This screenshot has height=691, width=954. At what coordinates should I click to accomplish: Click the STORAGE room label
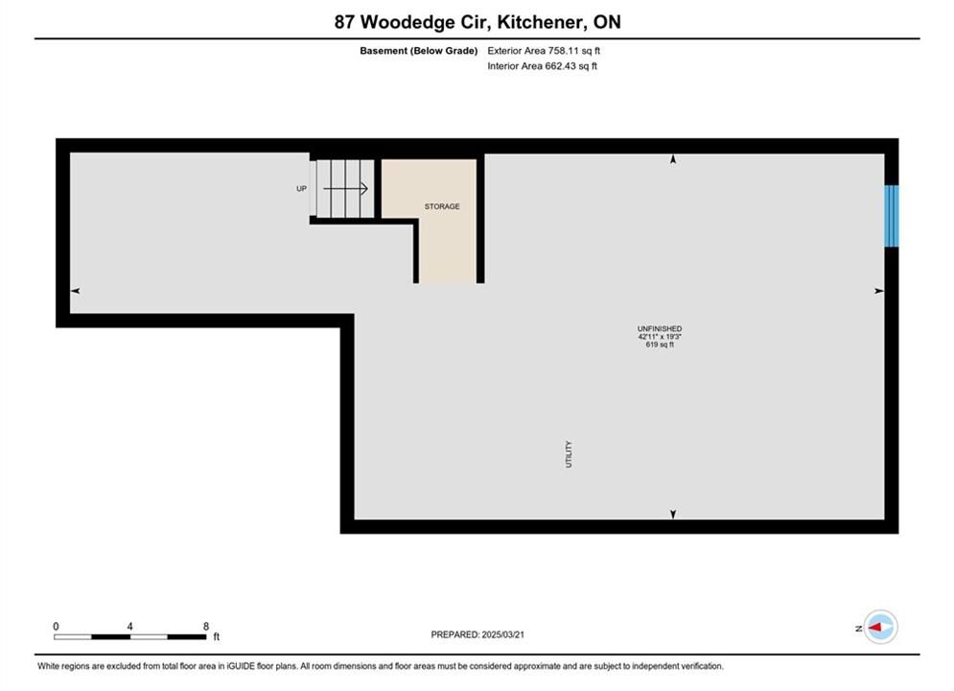point(442,206)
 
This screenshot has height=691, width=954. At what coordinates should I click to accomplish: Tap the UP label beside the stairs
point(301,189)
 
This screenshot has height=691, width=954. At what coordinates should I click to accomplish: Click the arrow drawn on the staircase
point(345,189)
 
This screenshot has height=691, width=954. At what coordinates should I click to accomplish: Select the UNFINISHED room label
point(660,329)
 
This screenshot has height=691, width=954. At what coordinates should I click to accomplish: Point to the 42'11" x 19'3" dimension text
point(660,337)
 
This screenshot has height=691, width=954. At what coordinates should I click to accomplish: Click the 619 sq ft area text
point(660,345)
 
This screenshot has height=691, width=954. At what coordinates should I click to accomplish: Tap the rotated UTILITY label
point(569,454)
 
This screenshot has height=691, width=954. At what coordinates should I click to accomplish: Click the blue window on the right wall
point(892,216)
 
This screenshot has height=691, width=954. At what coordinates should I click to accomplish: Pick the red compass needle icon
point(875,627)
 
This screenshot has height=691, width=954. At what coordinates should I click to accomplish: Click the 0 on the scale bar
point(56,626)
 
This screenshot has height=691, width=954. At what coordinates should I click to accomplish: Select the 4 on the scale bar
point(130,626)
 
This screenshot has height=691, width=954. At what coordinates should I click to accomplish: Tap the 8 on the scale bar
point(206,626)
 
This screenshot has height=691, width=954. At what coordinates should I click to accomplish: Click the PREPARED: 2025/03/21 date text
point(477,634)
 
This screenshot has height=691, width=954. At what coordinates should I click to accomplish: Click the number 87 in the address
point(344,22)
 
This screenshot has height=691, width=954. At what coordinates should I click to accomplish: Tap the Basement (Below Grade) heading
point(419,51)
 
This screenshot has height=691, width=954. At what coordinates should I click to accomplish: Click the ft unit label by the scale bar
point(217,637)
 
